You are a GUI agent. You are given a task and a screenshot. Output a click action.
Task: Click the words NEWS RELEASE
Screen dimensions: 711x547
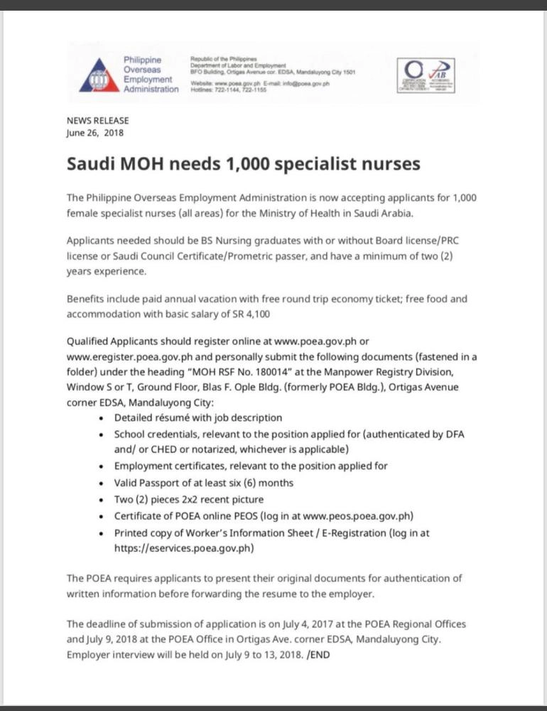tap(97, 121)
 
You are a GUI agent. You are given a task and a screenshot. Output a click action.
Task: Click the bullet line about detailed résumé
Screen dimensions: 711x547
tap(198, 417)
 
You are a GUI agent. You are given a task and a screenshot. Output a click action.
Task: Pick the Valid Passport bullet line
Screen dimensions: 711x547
tap(204, 483)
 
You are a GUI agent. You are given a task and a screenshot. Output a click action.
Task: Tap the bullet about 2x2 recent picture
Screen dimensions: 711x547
tap(189, 499)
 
